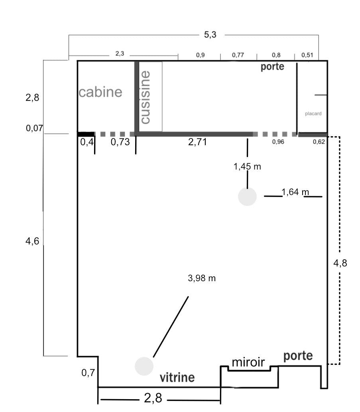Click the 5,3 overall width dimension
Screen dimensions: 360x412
click(210, 34)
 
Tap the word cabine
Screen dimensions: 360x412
click(100, 92)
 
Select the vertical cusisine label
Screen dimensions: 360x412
click(145, 97)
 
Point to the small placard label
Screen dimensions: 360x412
click(313, 114)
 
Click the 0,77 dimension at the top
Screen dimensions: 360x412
click(238, 55)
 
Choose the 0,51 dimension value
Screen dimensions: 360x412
click(307, 55)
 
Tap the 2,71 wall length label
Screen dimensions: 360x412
click(197, 142)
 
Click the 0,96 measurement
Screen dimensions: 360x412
click(278, 142)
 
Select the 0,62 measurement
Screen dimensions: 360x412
click(319, 142)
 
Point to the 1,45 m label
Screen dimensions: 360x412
click(247, 166)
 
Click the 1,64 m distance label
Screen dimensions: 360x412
click(295, 192)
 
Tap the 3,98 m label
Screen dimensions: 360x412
click(202, 278)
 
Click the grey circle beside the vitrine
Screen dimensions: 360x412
click(144, 366)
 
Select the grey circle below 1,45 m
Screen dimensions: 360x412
click(247, 197)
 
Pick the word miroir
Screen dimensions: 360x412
click(248, 362)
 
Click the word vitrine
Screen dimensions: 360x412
click(177, 377)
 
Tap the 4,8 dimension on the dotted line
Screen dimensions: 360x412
click(340, 263)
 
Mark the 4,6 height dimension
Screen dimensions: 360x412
click(32, 240)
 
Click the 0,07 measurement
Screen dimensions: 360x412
click(34, 128)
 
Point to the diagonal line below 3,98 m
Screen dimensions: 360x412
click(171, 327)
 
